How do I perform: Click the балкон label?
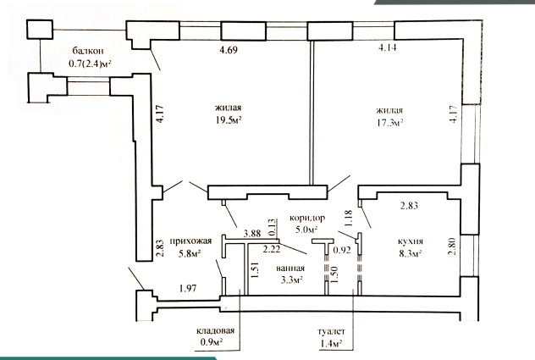pyautogui.click(x=88, y=51)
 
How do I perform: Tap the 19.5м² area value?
pyautogui.click(x=229, y=120)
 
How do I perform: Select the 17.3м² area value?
pyautogui.click(x=389, y=123)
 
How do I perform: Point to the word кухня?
pyautogui.click(x=411, y=241)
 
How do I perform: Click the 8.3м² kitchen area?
pyautogui.click(x=411, y=254)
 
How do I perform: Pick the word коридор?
pyautogui.click(x=307, y=218)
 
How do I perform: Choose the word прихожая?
pyautogui.click(x=190, y=241)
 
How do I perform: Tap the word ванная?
pyautogui.click(x=290, y=269)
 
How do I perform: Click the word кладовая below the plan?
pyautogui.click(x=215, y=330)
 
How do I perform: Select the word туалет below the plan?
pyautogui.click(x=331, y=331)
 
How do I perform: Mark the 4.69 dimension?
pyautogui.click(x=229, y=50)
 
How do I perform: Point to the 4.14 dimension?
pyautogui.click(x=387, y=47)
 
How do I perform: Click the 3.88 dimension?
pyautogui.click(x=252, y=234)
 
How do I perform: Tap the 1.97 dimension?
pyautogui.click(x=188, y=289)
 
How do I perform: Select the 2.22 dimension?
pyautogui.click(x=272, y=249)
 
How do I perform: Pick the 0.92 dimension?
pyautogui.click(x=342, y=250)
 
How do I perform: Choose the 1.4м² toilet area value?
pyautogui.click(x=331, y=343)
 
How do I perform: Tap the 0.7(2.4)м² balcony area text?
pyautogui.click(x=91, y=64)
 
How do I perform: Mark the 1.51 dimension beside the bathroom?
pyautogui.click(x=256, y=270)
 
